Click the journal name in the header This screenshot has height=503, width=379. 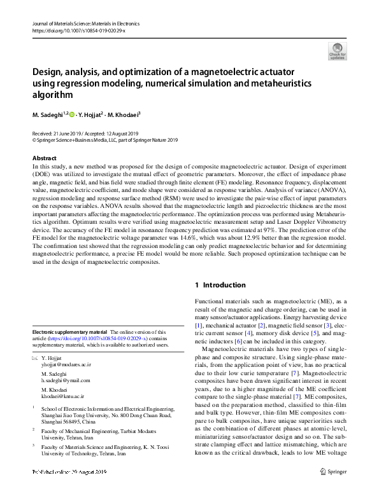pyautogui.click(x=85, y=24)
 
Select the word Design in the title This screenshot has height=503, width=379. pyautogui.click(x=48, y=72)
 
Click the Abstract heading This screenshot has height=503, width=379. pyautogui.click(x=44, y=158)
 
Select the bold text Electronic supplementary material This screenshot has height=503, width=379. pyautogui.click(x=69, y=332)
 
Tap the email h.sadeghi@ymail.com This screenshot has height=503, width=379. pyautogui.click(x=66, y=381)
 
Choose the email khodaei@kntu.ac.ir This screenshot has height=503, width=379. pyautogui.click(x=62, y=396)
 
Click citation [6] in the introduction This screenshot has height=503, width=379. pyautogui.click(x=239, y=341)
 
